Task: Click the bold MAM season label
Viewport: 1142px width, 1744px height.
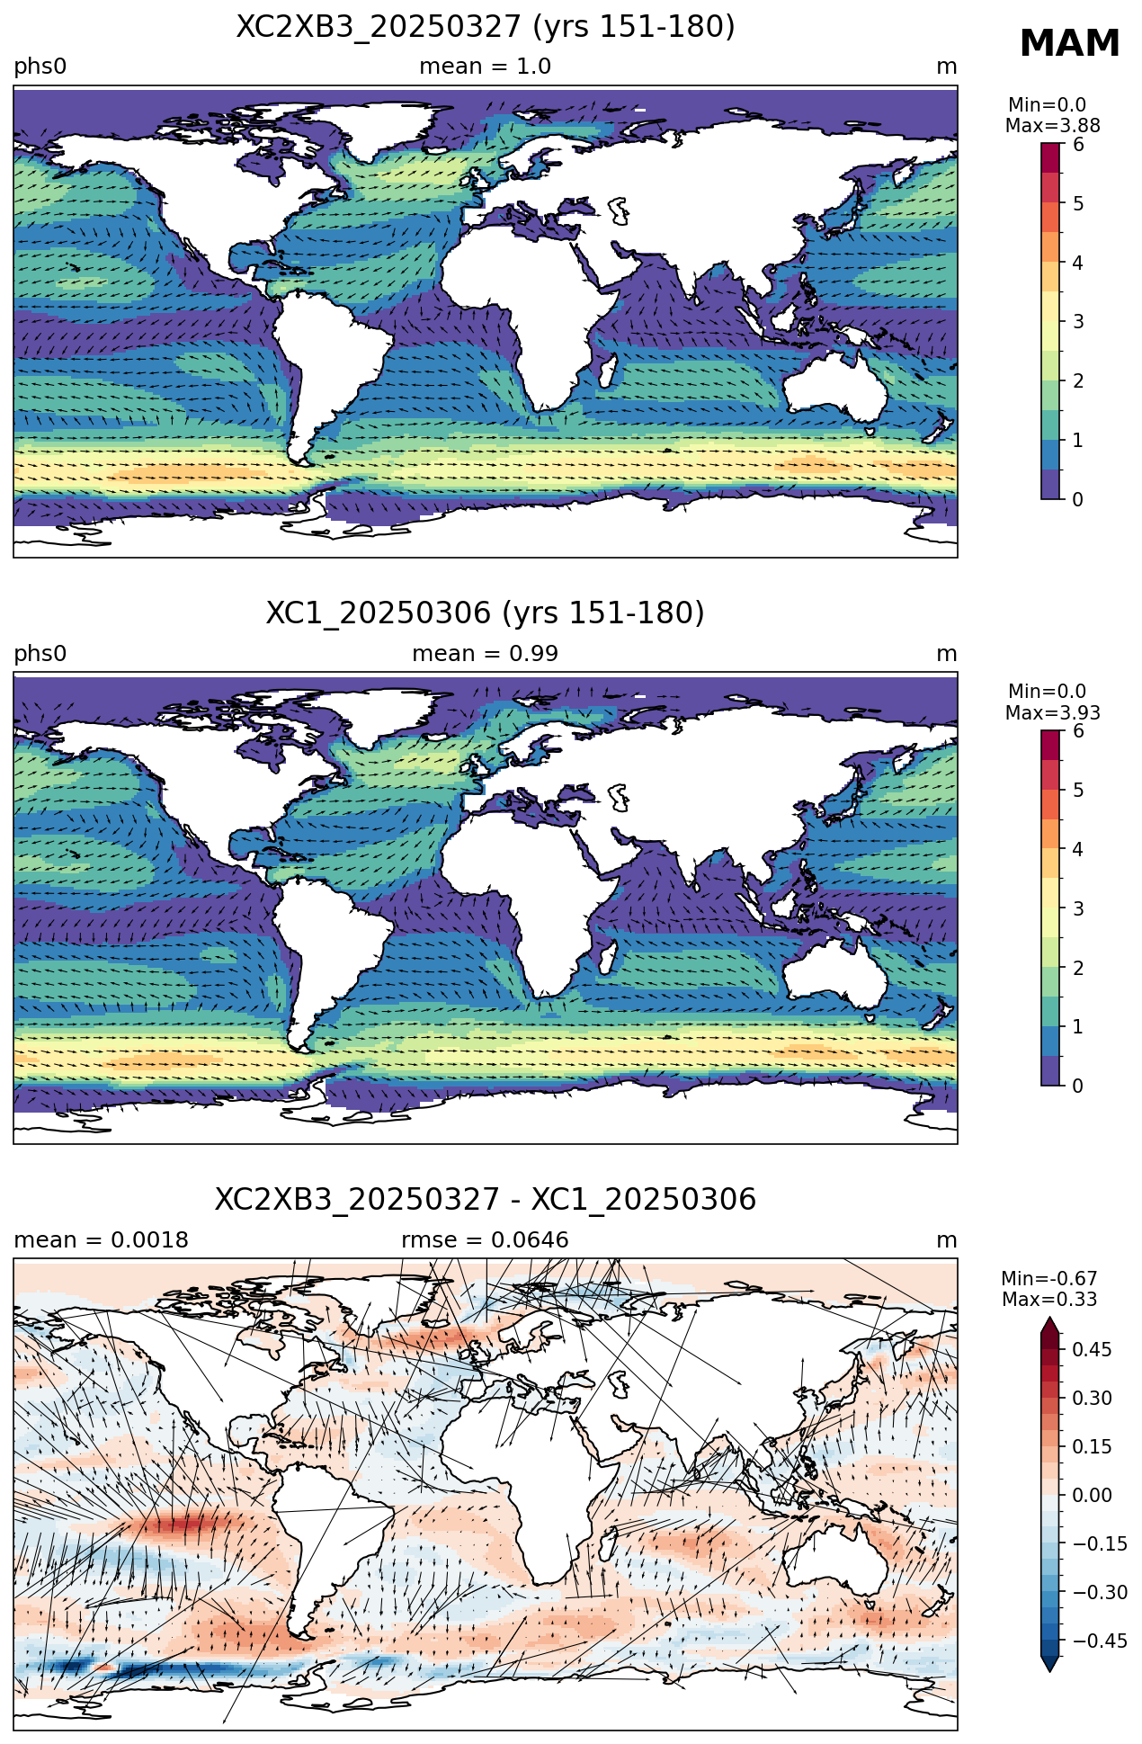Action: point(1069,44)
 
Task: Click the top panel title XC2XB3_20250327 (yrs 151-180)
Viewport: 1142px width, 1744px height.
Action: point(486,27)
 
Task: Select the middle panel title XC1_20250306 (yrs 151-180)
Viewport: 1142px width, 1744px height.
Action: point(486,613)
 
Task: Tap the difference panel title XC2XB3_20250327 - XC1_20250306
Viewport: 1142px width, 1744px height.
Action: point(486,1200)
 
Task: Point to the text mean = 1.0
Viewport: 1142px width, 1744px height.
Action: point(486,67)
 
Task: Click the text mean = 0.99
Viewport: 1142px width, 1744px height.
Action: point(486,654)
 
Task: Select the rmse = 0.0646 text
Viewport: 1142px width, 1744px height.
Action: point(486,1240)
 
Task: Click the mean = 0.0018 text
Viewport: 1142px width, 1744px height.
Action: point(101,1240)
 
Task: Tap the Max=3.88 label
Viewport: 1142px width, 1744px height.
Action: point(1053,126)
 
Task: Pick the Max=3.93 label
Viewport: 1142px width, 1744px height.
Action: point(1053,713)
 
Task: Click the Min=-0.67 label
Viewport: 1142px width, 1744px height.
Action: point(1049,1279)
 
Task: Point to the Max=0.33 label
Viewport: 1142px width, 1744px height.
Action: point(1049,1300)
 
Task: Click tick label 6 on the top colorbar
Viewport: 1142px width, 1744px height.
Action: point(1078,145)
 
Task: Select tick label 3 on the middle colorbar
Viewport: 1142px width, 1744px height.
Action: point(1078,908)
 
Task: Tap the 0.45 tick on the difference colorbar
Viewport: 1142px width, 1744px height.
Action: point(1092,1349)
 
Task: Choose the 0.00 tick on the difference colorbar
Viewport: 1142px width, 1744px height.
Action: point(1092,1495)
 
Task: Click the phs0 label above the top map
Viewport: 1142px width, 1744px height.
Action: point(40,67)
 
